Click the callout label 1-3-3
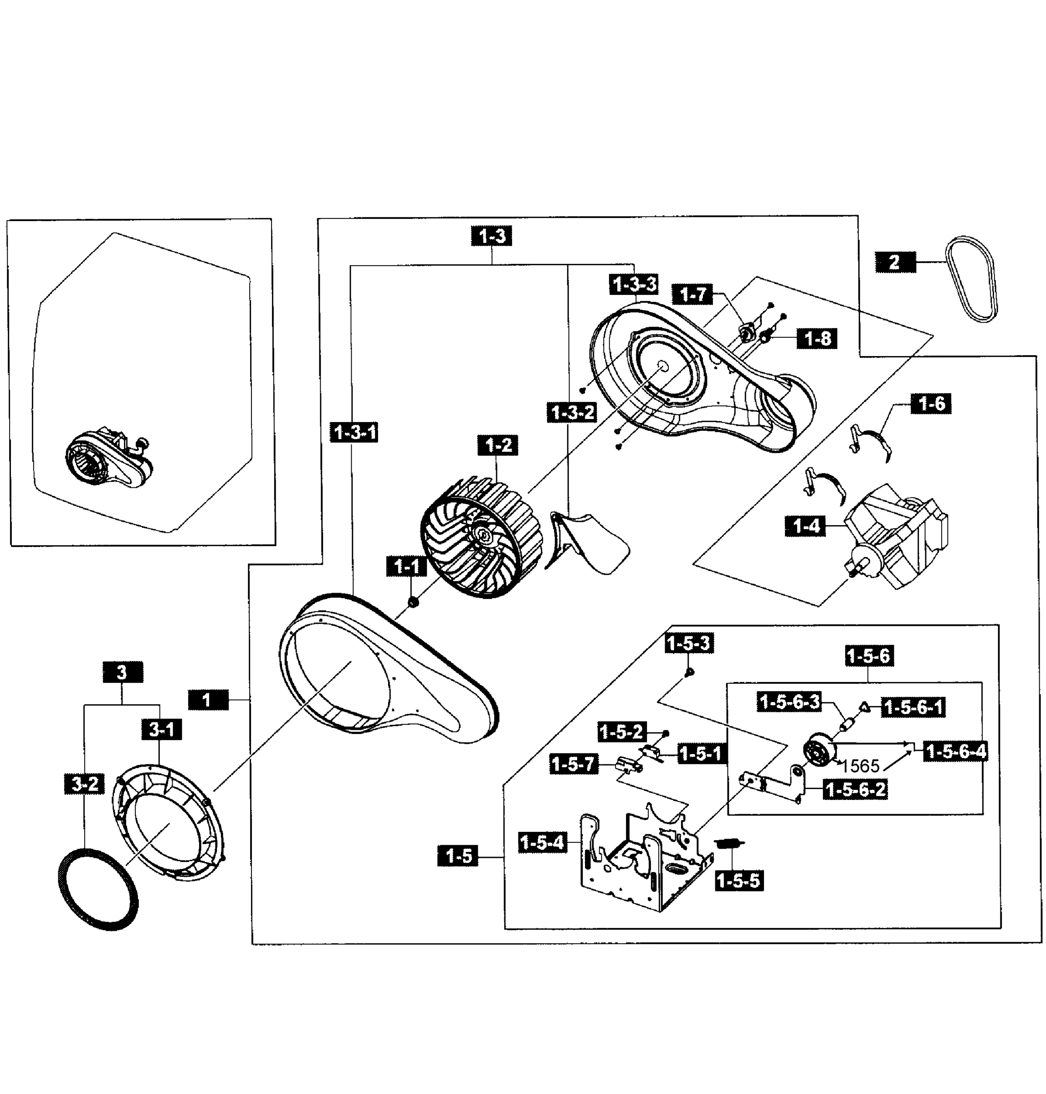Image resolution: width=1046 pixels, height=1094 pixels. click(635, 284)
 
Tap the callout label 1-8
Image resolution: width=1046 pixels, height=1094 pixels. click(817, 338)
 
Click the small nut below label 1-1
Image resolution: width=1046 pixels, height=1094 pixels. click(413, 603)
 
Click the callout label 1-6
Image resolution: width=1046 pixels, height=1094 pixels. click(931, 403)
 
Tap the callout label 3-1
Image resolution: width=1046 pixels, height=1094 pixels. click(162, 729)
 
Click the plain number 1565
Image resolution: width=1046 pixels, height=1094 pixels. click(860, 766)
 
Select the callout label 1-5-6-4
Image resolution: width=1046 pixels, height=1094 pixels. click(956, 752)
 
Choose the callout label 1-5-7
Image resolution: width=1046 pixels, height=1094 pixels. click(574, 764)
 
